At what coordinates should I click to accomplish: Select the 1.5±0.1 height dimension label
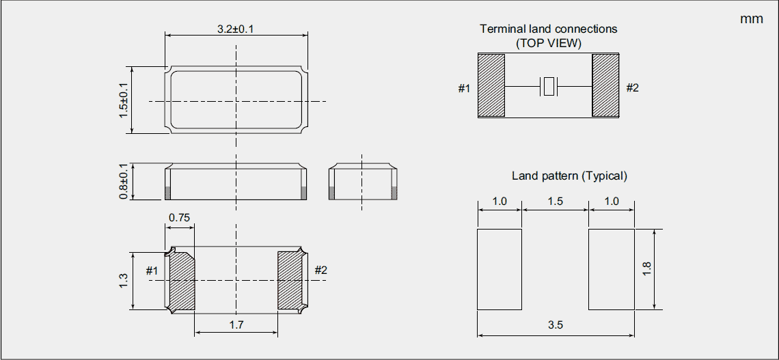(x=124, y=100)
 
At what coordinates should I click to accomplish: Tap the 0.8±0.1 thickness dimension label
(x=124, y=182)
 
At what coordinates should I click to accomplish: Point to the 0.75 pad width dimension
(x=179, y=218)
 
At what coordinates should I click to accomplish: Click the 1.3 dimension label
(x=123, y=280)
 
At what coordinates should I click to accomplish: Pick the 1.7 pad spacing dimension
(x=236, y=325)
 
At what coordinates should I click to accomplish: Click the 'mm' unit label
(x=751, y=19)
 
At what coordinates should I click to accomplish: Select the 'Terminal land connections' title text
(x=548, y=29)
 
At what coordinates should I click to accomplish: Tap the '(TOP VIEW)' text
(x=548, y=42)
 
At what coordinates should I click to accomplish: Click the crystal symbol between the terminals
(x=549, y=87)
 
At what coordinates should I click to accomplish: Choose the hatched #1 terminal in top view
(x=491, y=86)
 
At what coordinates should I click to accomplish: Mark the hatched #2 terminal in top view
(x=605, y=86)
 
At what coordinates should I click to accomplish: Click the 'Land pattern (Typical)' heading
(x=569, y=176)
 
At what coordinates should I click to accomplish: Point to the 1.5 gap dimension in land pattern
(x=555, y=201)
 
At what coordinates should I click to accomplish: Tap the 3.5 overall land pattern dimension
(x=555, y=325)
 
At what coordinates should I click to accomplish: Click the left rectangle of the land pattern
(x=500, y=269)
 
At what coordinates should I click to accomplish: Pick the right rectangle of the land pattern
(x=612, y=269)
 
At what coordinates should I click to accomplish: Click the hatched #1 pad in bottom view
(x=182, y=280)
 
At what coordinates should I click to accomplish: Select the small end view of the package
(x=362, y=182)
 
